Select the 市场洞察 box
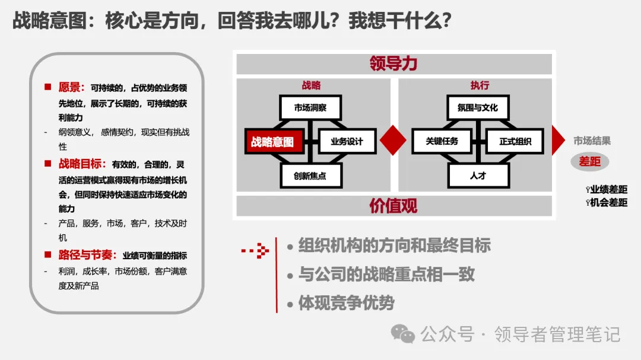[x=310, y=108]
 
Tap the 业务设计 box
[x=347, y=142]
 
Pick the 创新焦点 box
[x=310, y=176]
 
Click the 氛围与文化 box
[x=478, y=108]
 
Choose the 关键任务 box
[x=442, y=142]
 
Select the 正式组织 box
[x=515, y=142]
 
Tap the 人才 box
[x=478, y=176]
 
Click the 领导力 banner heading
[x=394, y=63]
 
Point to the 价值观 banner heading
[x=394, y=206]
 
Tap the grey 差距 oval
[x=590, y=161]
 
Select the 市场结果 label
[x=592, y=141]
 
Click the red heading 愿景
[x=72, y=88]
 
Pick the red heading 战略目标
[x=82, y=164]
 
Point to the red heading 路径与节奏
[x=87, y=255]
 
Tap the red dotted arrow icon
[x=256, y=251]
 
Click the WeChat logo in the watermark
[x=406, y=334]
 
